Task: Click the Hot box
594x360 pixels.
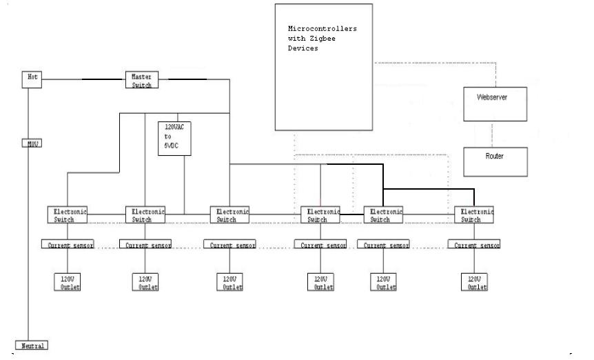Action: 32,79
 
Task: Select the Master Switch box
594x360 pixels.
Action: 142,79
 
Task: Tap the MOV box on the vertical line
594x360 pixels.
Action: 30,144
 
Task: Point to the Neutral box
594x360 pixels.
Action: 32,345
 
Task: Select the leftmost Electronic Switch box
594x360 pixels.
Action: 68,214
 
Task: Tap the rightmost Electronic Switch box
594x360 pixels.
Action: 474,214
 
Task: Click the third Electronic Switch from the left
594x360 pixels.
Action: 230,214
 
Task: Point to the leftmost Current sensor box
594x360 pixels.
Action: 68,245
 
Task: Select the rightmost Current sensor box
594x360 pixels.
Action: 474,245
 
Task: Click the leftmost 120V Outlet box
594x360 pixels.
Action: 68,281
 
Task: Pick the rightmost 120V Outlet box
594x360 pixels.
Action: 474,281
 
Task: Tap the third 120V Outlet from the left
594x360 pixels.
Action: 230,281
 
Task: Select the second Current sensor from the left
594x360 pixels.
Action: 145,245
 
